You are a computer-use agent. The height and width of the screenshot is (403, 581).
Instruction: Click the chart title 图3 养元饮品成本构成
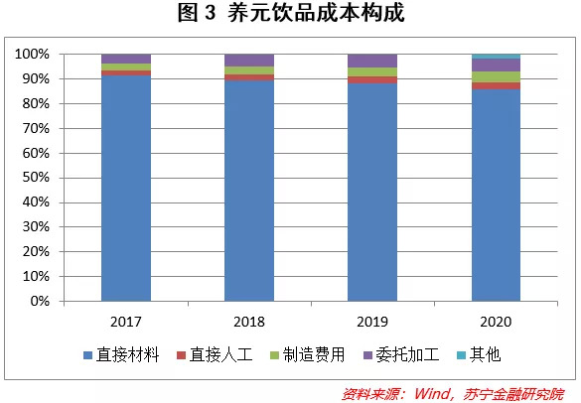290,14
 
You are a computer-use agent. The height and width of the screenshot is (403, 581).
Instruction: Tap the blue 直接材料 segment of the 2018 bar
249,190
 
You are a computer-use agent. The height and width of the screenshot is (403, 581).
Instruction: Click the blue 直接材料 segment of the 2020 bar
496,195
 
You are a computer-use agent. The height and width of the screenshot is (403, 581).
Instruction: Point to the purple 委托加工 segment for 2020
496,65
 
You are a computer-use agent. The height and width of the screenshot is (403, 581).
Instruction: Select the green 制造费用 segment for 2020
496,76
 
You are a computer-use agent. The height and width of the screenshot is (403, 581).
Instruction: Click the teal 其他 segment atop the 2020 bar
496,57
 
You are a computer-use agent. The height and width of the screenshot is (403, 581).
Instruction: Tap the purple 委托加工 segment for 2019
372,61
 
